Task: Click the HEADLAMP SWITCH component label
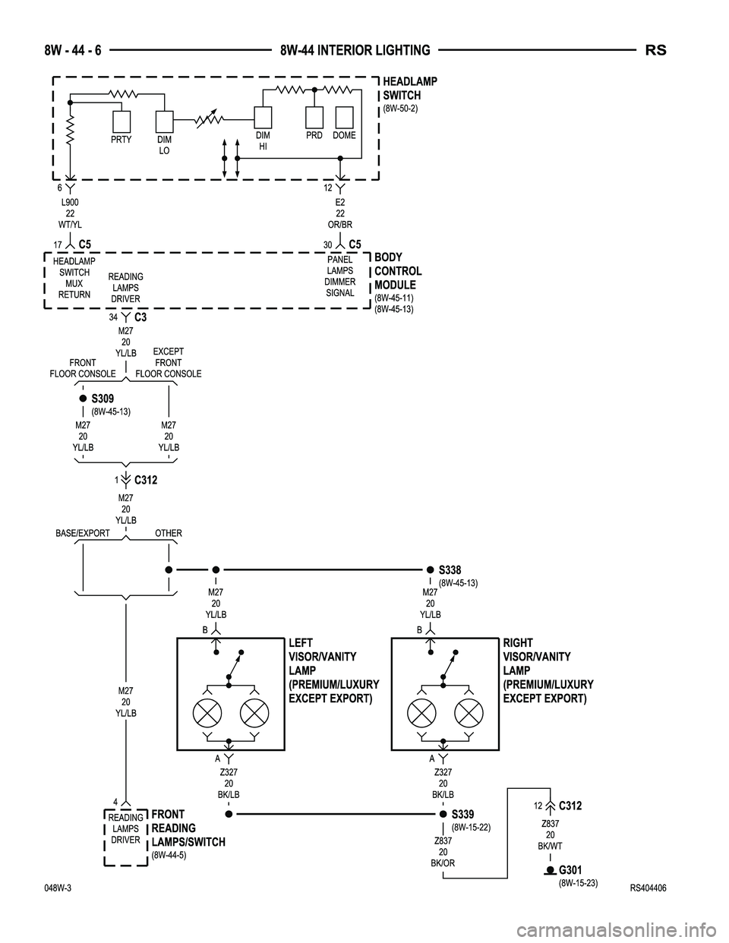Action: [x=409, y=89]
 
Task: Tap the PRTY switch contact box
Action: [x=121, y=121]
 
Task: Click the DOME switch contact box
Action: [x=345, y=117]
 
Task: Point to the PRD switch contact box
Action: [x=314, y=117]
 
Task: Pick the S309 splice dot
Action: [x=83, y=398]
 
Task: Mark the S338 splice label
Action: [x=450, y=569]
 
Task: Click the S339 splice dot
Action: [x=443, y=813]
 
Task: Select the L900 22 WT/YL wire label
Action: [x=70, y=213]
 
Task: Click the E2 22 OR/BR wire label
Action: [x=340, y=213]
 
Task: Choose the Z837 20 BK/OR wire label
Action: [x=443, y=852]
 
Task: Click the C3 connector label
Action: [x=139, y=317]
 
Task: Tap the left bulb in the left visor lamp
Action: [x=207, y=713]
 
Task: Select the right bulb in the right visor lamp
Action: [x=468, y=713]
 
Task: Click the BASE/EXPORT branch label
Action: [x=83, y=533]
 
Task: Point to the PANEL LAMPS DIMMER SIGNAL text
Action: [x=339, y=276]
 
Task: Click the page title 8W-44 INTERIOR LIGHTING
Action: [x=355, y=51]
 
